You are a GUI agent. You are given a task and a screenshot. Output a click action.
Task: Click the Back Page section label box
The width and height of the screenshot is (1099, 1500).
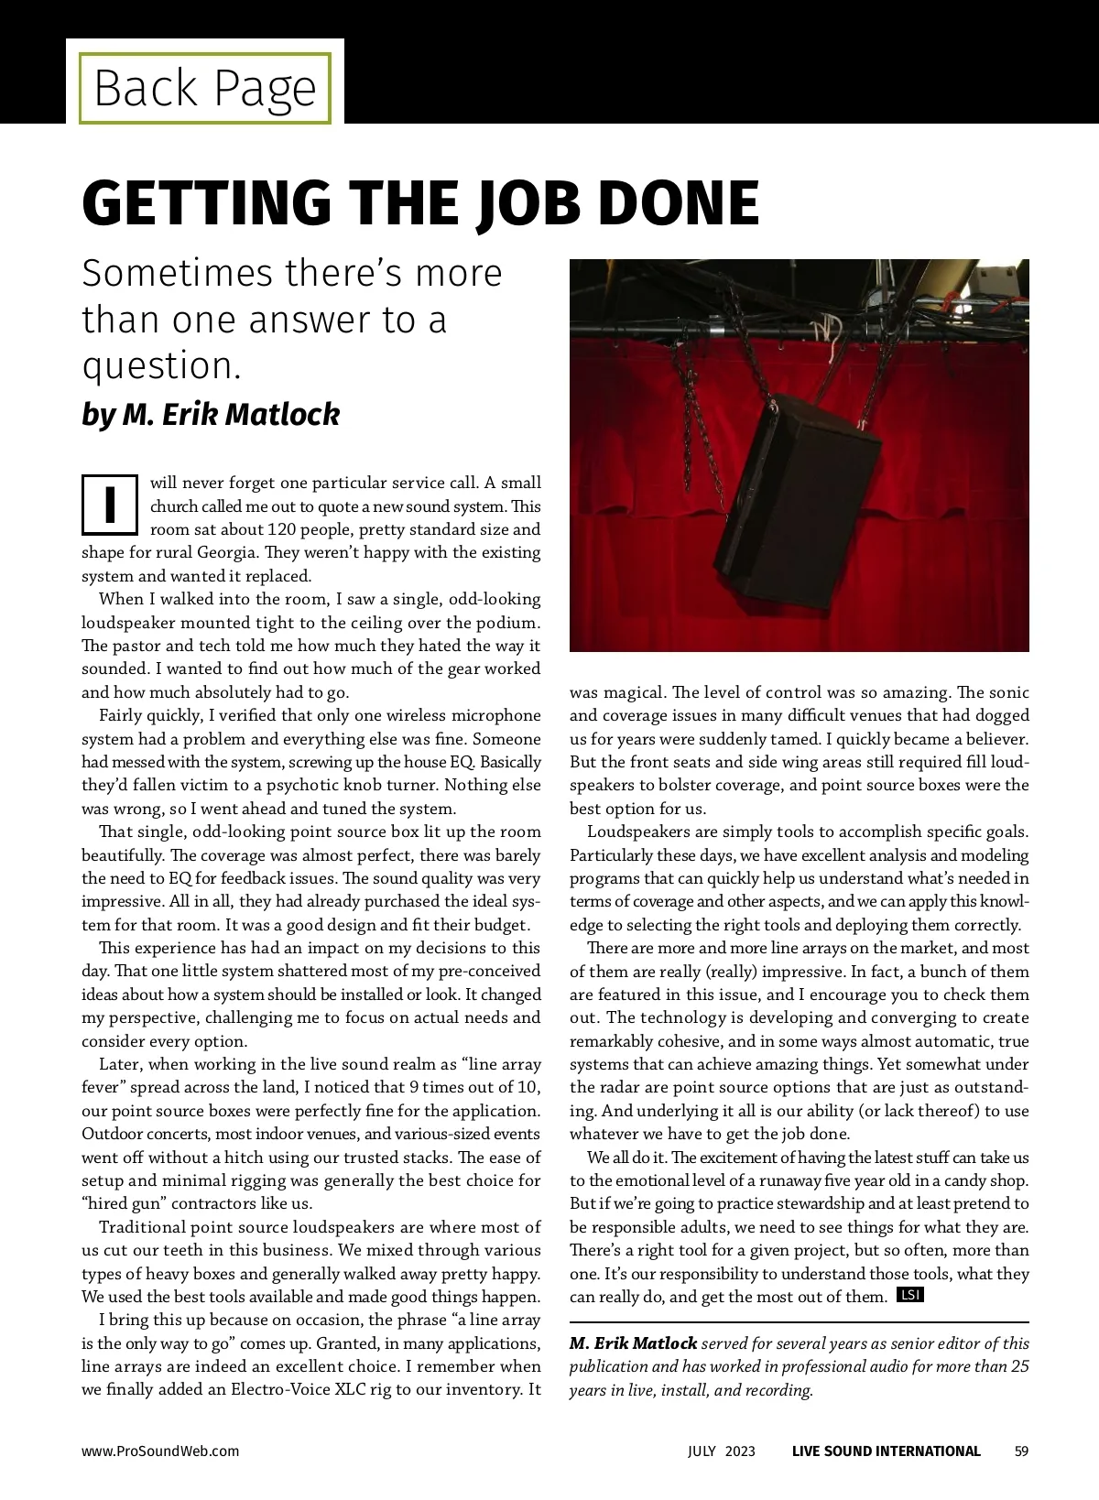[204, 88]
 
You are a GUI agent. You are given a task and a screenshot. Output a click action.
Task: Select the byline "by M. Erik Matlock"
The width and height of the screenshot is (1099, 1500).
[211, 414]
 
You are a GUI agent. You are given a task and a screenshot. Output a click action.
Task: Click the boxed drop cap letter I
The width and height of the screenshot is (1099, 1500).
[110, 504]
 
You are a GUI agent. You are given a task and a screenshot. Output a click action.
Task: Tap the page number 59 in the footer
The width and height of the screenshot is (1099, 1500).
[1021, 1451]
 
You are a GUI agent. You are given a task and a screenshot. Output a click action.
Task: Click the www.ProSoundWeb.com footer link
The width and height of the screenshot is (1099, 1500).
[160, 1451]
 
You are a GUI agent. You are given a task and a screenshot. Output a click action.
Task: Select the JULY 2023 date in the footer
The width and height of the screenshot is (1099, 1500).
[722, 1451]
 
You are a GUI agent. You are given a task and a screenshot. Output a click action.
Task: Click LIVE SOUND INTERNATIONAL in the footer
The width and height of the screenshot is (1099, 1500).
[886, 1451]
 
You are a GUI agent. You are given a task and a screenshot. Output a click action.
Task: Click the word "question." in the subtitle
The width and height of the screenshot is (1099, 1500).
[161, 365]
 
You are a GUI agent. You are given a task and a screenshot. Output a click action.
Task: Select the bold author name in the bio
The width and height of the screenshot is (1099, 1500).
[633, 1343]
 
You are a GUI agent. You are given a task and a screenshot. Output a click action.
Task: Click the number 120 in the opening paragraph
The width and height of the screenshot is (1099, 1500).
[282, 529]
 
